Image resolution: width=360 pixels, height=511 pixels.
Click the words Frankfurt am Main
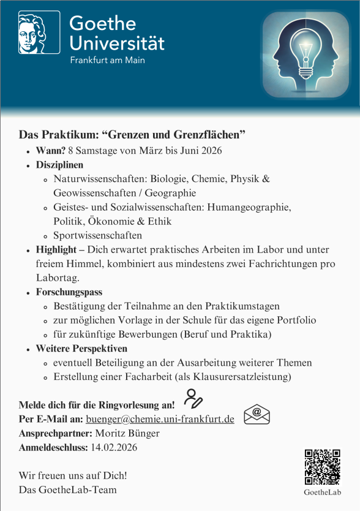click(107, 61)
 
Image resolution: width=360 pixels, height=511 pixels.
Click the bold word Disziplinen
click(59, 165)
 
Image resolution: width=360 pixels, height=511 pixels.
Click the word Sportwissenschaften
click(97, 235)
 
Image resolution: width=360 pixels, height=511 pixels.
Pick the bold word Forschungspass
click(69, 292)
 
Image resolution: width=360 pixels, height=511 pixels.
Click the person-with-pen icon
click(193, 399)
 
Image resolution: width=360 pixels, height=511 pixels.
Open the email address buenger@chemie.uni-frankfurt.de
click(160, 419)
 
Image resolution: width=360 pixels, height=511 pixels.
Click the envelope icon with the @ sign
click(257, 415)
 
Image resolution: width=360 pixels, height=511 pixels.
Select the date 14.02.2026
click(114, 447)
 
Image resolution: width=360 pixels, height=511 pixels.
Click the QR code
click(322, 467)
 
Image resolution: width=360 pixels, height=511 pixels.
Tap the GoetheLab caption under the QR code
click(322, 492)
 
